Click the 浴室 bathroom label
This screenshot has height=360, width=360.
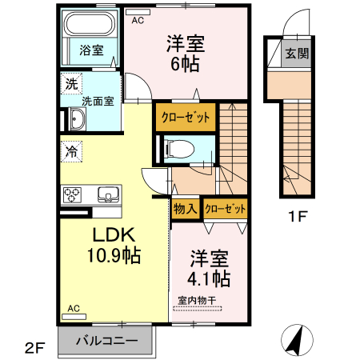coord(90,50)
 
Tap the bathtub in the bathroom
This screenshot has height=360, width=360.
coord(90,26)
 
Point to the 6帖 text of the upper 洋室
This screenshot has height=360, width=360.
coord(184,62)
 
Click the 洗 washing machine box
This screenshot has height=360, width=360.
coord(71,83)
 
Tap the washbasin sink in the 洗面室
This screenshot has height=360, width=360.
coord(78,121)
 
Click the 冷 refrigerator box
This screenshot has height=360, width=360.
coord(72,150)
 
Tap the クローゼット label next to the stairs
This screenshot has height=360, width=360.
coord(185,117)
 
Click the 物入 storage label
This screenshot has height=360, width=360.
coord(185,209)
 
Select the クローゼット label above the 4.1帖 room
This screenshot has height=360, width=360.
coord(224,209)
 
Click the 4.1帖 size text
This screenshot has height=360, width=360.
coord(210,278)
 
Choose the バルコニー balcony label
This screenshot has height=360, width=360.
coord(107,341)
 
